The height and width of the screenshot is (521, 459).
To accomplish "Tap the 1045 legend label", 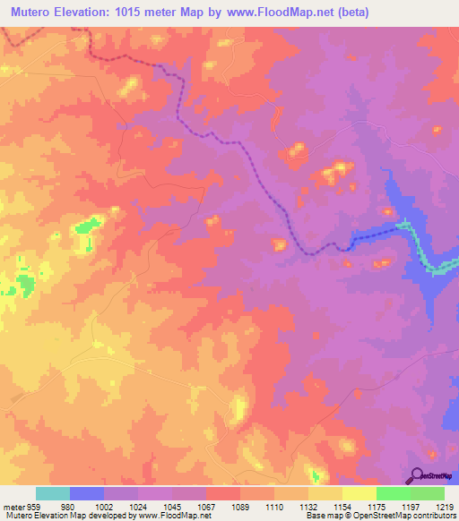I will [x=184, y=506].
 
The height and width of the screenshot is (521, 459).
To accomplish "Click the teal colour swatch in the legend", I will [x=53, y=493].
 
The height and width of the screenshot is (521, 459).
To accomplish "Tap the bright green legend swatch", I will [x=394, y=493].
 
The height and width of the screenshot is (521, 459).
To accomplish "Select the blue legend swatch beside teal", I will [x=87, y=493].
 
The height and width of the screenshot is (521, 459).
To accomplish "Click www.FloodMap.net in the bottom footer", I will [x=168, y=516].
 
